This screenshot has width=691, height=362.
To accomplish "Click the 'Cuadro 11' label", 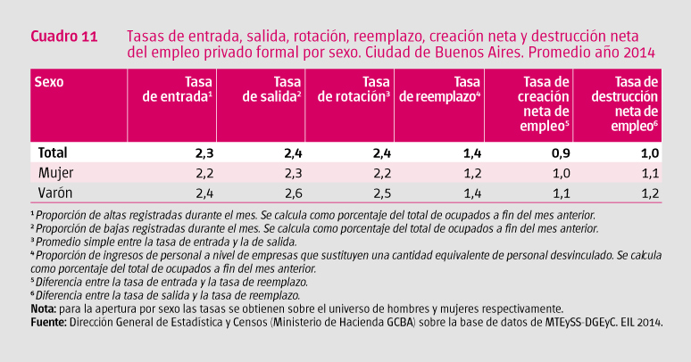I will tap(64, 37).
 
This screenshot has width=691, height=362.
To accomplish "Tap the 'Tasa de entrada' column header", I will tap(178, 88).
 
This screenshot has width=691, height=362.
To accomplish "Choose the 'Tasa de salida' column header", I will tap(272, 88).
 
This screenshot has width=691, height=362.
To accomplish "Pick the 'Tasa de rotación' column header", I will tap(354, 88).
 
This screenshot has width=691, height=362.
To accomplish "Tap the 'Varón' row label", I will tap(54, 192).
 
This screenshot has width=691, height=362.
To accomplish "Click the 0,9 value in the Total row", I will tap(559, 152).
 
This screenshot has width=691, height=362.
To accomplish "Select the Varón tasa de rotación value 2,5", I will tap(381, 192).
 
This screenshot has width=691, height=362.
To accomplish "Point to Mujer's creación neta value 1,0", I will tap(559, 172).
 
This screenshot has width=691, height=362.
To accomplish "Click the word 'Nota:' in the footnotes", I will tap(47, 308).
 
